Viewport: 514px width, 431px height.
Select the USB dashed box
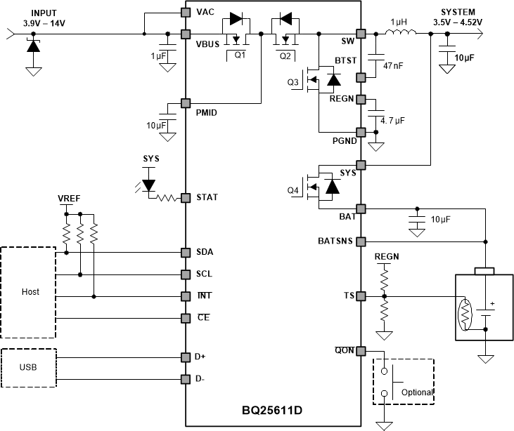click(29, 366)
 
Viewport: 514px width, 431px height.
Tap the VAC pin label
click(206, 12)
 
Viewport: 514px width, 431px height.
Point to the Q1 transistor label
click(240, 55)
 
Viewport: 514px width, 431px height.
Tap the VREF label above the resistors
click(68, 199)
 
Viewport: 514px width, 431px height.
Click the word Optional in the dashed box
click(416, 392)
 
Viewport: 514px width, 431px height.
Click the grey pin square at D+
click(186, 357)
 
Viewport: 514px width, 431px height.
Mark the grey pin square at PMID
click(186, 103)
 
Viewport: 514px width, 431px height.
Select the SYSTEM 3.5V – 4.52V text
click(458, 18)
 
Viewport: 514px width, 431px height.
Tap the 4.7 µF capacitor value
click(393, 121)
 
